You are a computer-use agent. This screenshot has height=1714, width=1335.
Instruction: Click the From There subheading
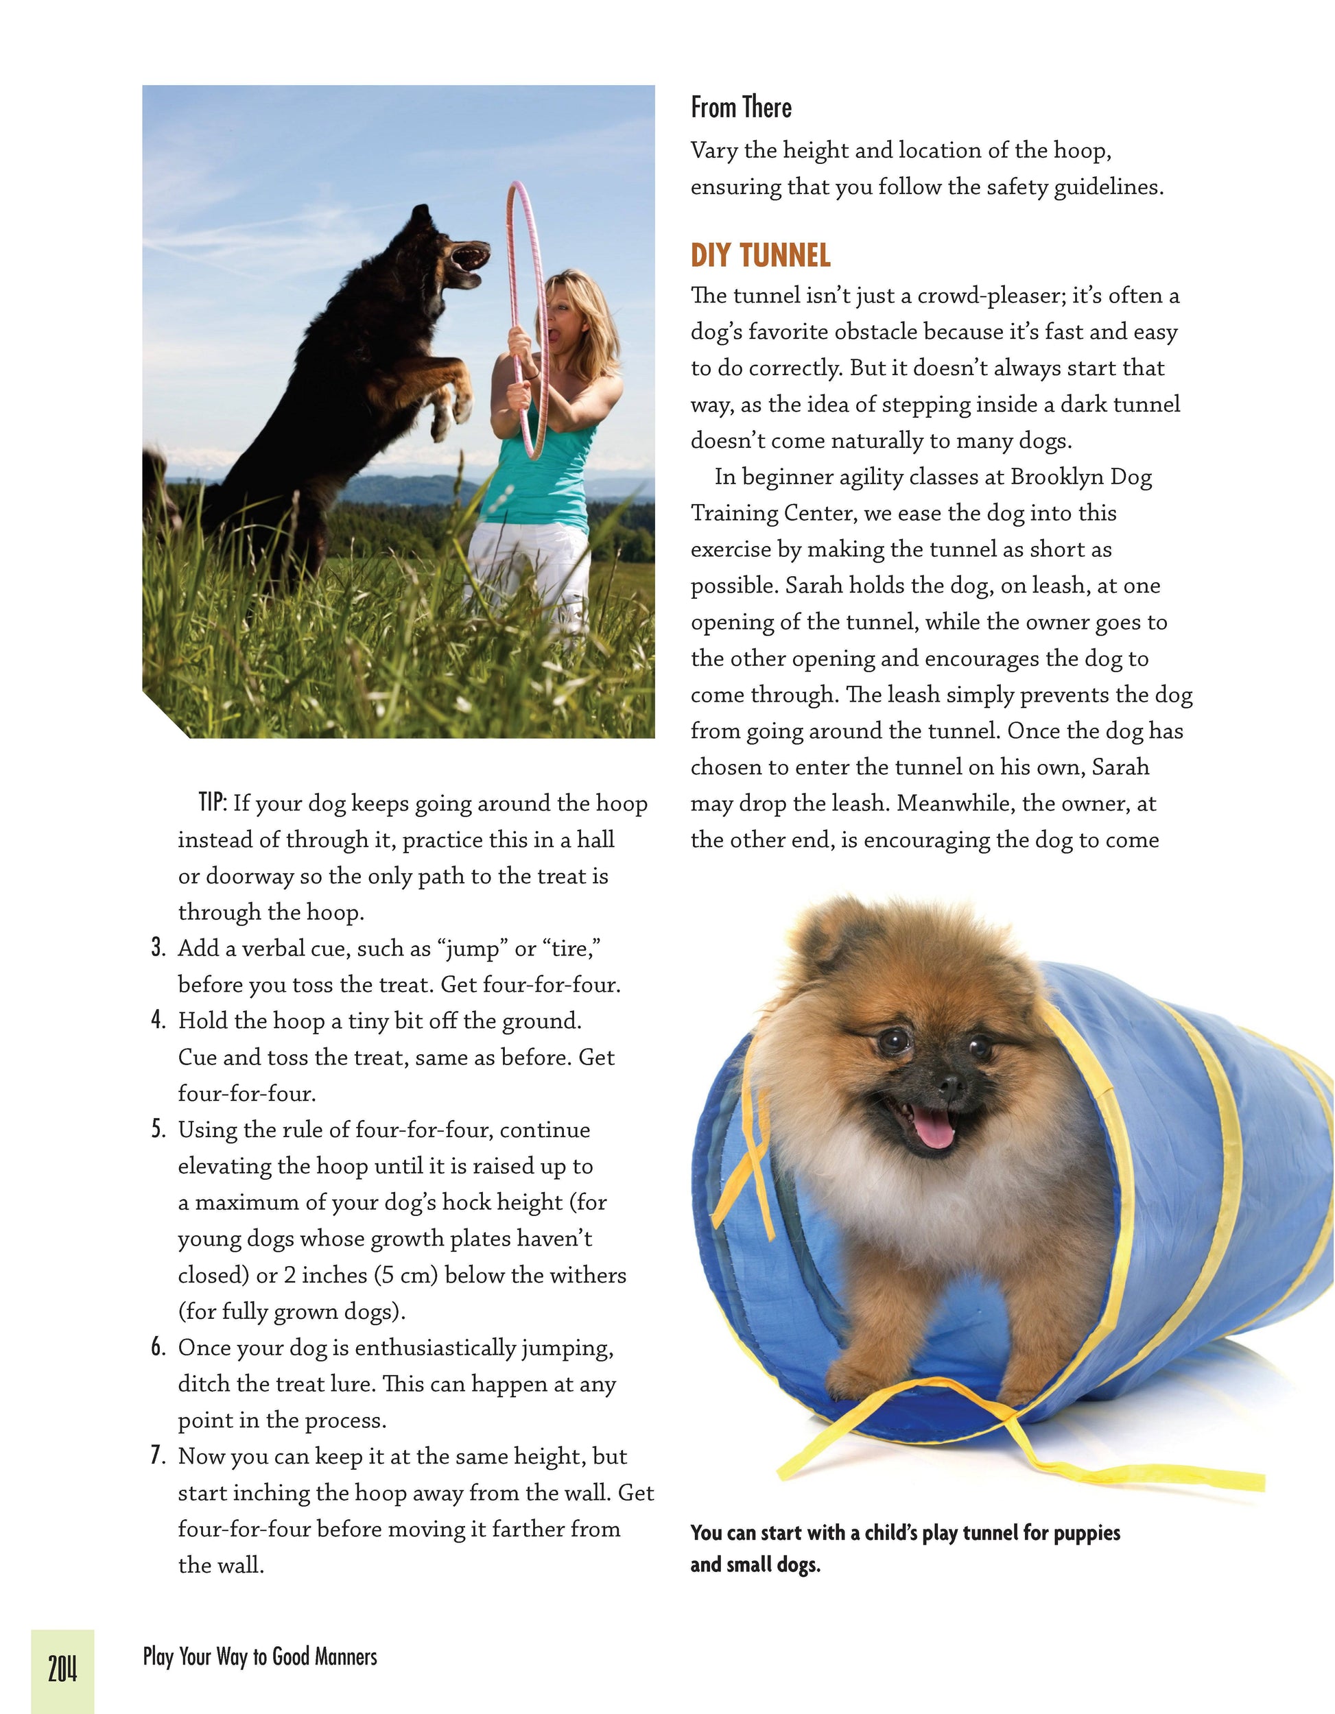(741, 108)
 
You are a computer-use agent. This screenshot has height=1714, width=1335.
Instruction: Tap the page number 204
(63, 1667)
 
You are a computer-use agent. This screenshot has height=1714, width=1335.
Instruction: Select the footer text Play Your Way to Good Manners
(260, 1656)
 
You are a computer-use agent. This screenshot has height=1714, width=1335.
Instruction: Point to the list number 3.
(158, 948)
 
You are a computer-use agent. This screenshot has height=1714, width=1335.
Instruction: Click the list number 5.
(158, 1130)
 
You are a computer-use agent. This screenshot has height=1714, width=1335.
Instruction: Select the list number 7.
(158, 1456)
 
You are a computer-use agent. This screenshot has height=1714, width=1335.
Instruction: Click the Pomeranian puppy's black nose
(950, 1085)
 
